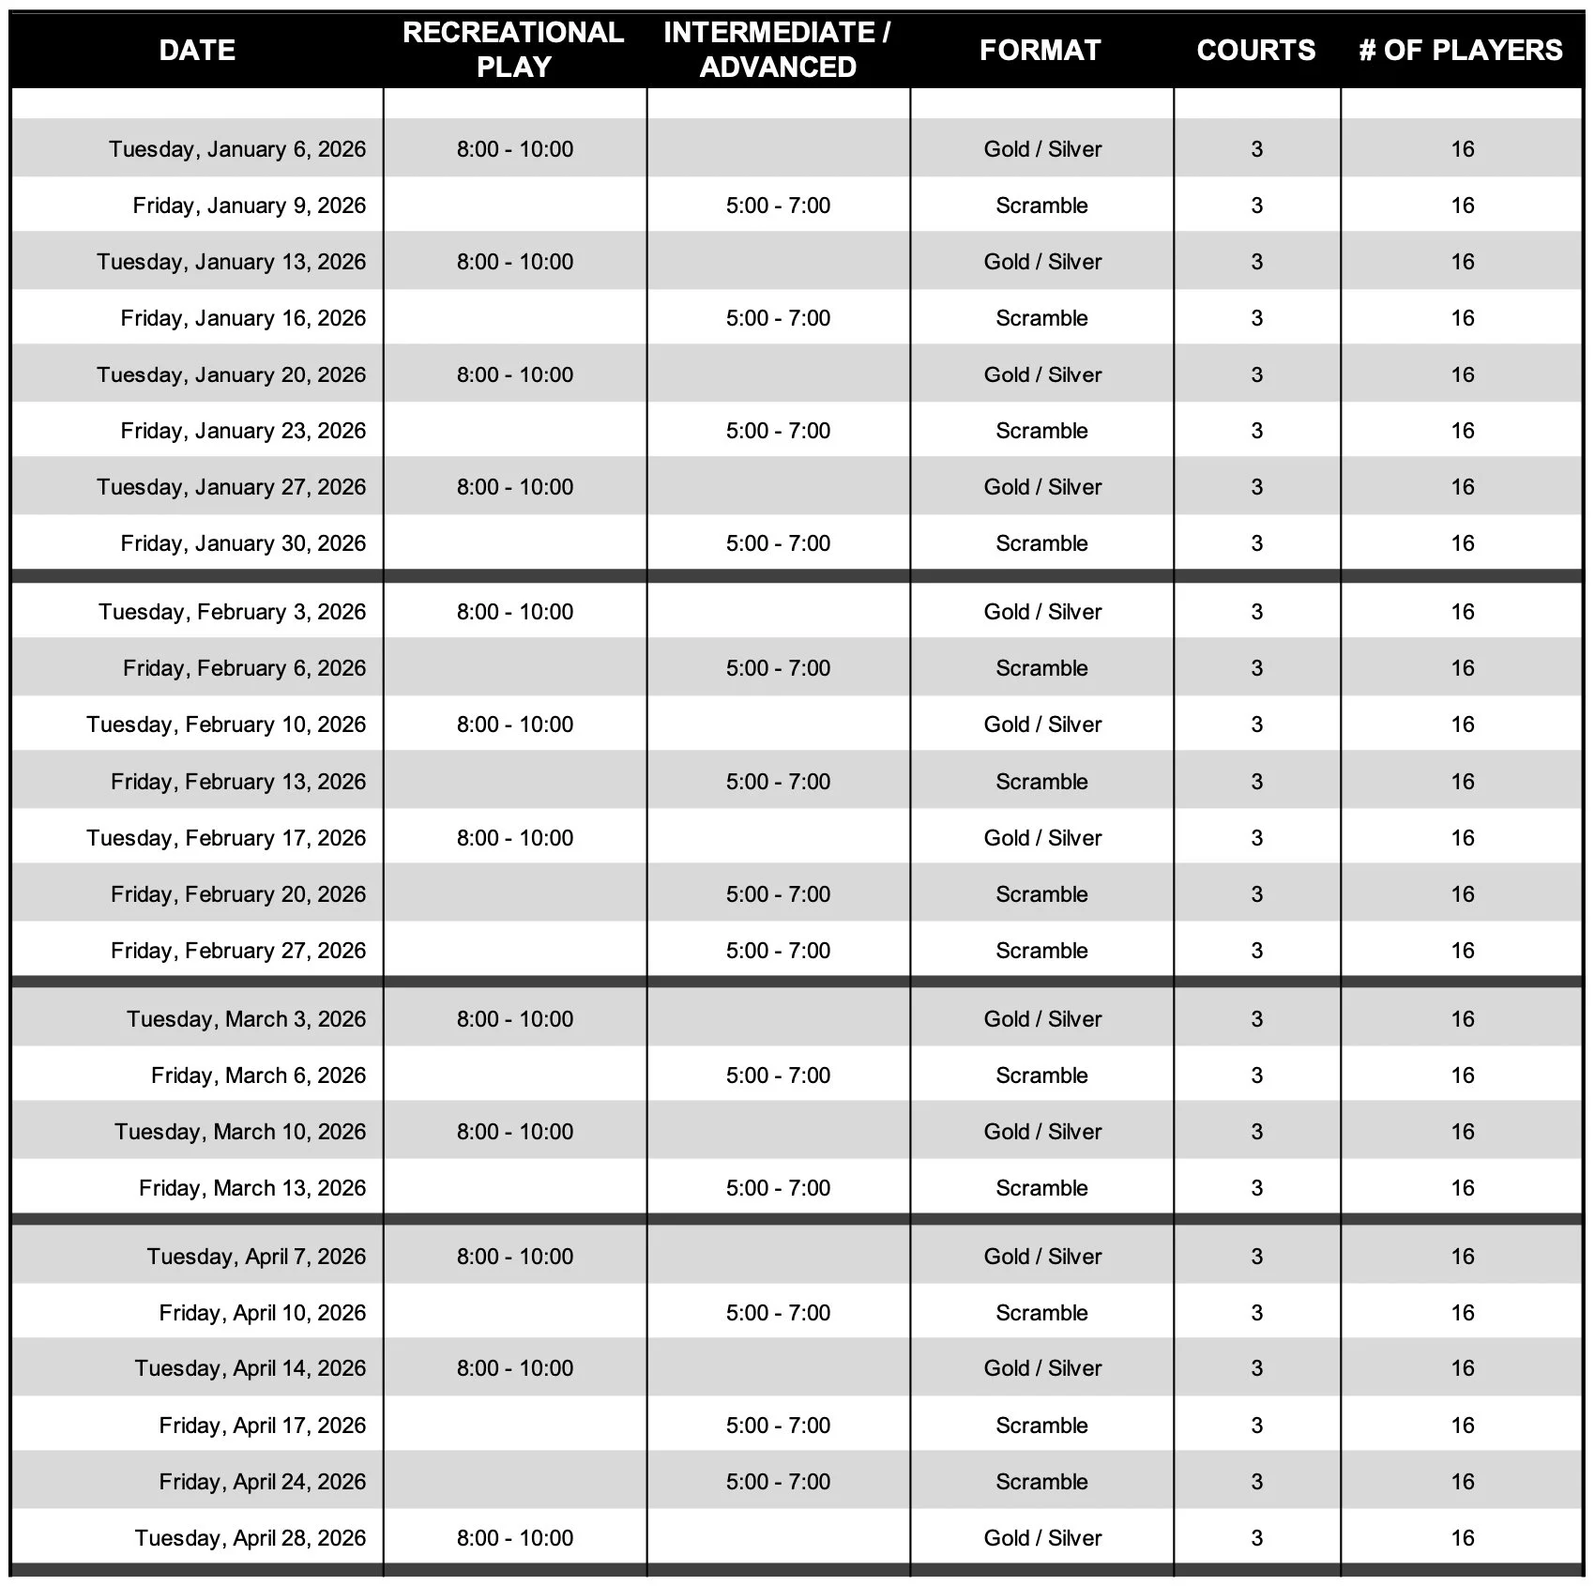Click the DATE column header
197,50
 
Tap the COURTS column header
1256,50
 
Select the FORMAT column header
1041,50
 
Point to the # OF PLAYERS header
1461,50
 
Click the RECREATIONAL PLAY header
513,50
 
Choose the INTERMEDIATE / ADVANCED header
778,50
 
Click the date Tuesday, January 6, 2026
237,149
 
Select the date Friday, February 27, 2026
238,951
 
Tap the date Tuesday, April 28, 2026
251,1538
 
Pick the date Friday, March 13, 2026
252,1188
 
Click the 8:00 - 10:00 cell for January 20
515,374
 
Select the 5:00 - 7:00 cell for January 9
778,206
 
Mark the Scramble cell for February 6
1041,668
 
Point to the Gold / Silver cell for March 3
1042,1019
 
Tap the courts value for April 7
1256,1257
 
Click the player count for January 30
1463,543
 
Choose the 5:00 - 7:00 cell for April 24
778,1482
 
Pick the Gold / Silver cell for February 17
1042,838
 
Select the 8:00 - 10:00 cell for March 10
515,1132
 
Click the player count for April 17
1463,1426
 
